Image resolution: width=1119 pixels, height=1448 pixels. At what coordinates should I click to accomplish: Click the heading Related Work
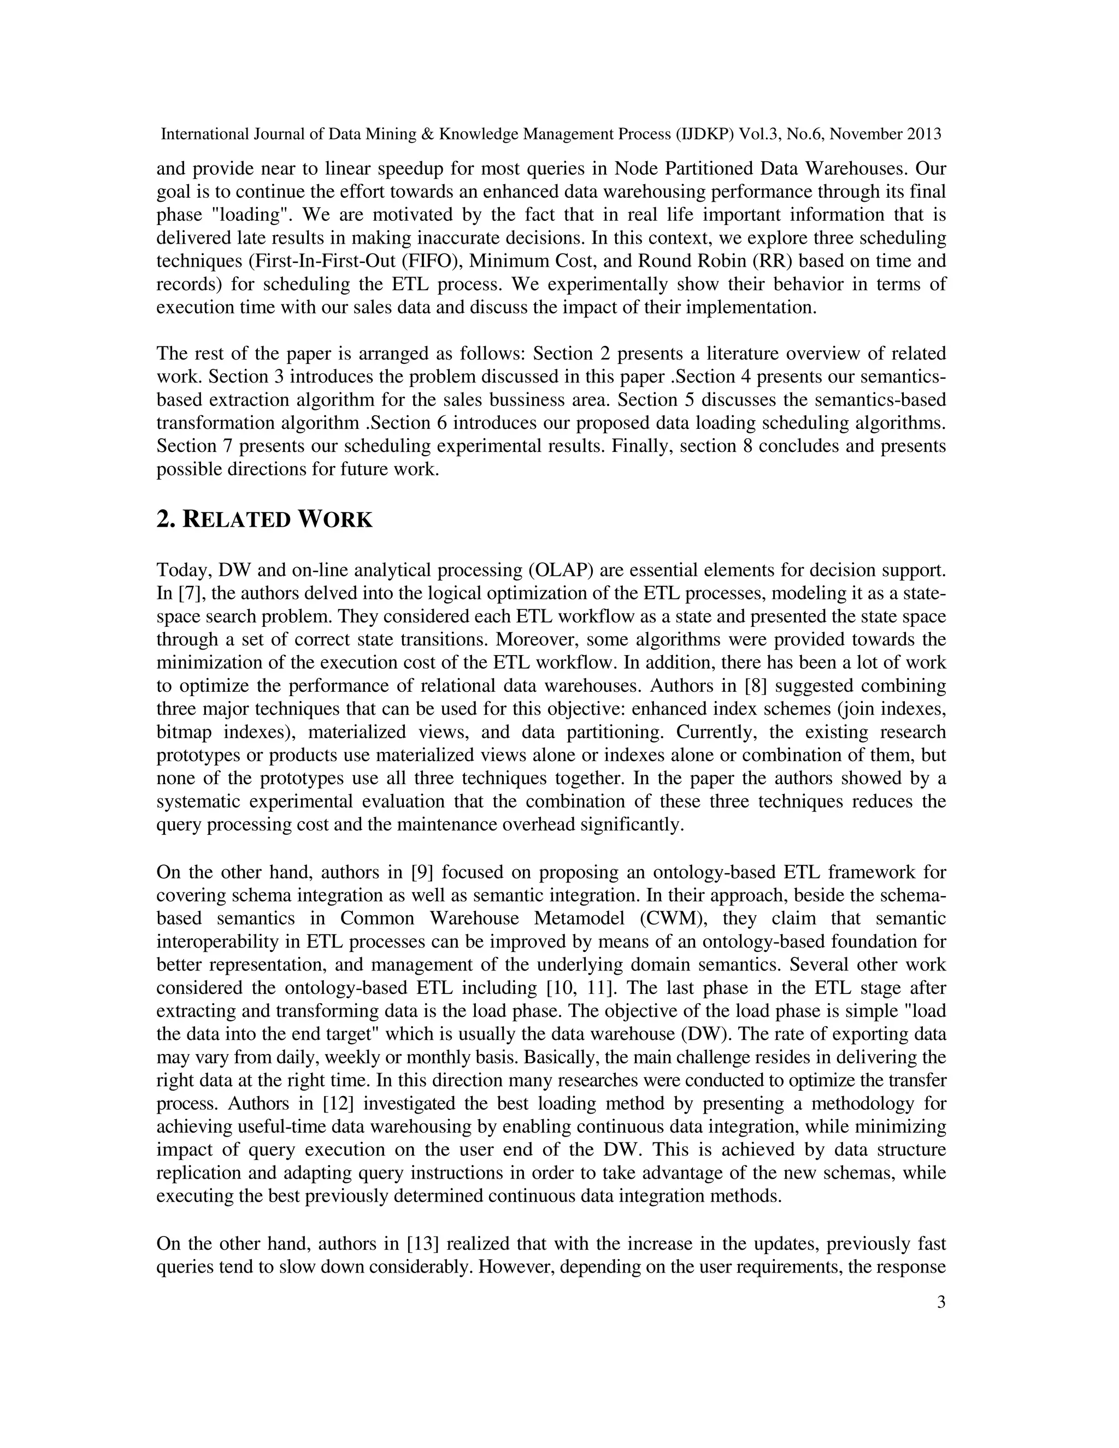[264, 519]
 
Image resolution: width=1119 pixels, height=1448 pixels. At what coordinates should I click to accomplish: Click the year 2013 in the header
[921, 134]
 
